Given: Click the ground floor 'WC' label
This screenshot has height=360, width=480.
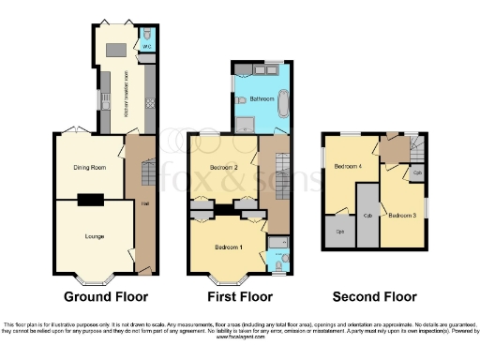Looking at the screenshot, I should (145, 45).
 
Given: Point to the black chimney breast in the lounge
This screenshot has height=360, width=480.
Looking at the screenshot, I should (91, 198).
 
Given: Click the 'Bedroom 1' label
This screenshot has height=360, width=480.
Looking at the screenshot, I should (229, 247).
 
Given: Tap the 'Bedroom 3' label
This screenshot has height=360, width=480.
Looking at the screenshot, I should (403, 215).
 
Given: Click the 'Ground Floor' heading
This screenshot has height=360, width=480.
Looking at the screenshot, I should (102, 297).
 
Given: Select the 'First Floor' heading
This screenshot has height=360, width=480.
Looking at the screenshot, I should (238, 297).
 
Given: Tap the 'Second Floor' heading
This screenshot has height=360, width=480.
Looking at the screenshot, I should (374, 297).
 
